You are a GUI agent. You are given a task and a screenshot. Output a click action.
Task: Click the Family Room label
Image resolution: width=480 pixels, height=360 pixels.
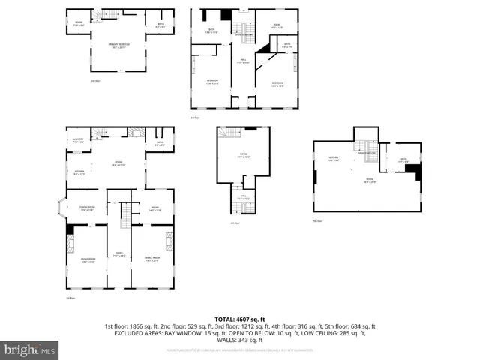[x=152, y=260]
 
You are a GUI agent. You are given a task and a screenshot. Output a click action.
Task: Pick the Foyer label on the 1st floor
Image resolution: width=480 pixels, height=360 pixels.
[x=118, y=253]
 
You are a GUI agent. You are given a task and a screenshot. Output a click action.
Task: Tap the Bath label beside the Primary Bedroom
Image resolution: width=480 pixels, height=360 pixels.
[x=160, y=27]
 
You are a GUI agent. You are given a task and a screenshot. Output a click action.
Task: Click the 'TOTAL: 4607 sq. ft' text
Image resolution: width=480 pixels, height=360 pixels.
[x=239, y=319]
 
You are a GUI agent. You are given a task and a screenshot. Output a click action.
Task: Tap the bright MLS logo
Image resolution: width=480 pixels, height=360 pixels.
[x=29, y=349]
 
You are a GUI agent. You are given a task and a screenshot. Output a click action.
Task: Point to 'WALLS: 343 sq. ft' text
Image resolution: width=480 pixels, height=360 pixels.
[x=239, y=341]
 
